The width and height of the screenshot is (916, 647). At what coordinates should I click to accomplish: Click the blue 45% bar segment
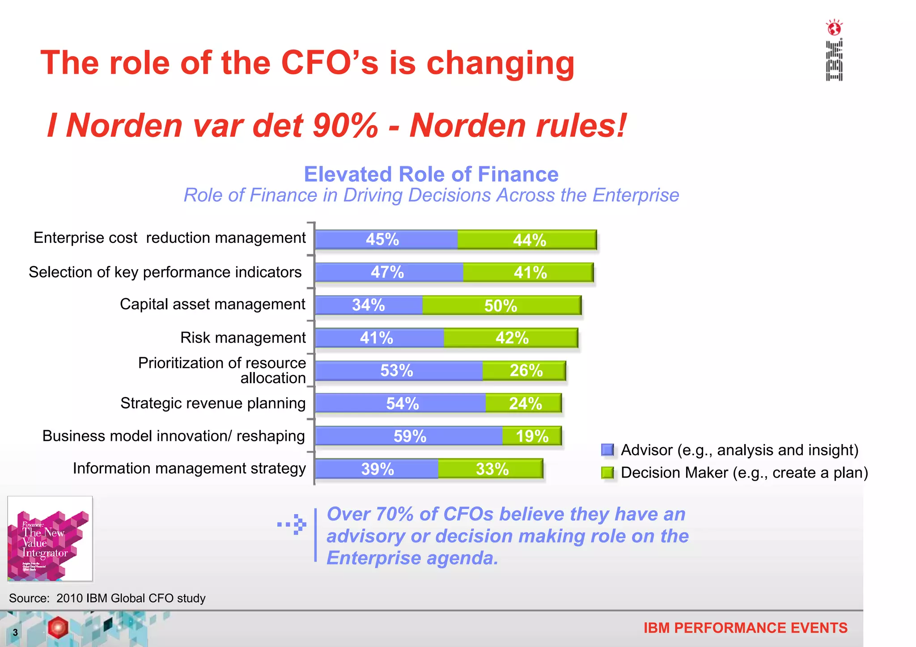[x=386, y=240]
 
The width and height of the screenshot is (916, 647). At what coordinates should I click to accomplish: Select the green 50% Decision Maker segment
[x=501, y=305]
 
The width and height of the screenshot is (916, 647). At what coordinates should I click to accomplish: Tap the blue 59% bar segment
[x=409, y=436]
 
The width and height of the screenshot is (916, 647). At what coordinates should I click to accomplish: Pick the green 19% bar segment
[x=532, y=436]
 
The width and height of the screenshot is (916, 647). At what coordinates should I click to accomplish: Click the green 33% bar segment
[x=491, y=469]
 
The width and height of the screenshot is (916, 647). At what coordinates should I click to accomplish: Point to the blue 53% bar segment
[x=399, y=371]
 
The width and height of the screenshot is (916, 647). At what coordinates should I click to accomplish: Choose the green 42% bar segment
[x=511, y=338]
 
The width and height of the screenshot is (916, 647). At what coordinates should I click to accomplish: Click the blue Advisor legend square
[x=607, y=450]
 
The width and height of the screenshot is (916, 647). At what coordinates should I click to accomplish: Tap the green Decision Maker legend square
[x=607, y=473]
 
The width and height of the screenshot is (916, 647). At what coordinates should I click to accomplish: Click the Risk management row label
[x=243, y=338]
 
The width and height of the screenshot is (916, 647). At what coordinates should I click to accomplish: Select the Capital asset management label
[x=212, y=304]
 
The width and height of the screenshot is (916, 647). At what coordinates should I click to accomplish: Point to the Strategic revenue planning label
[x=213, y=403]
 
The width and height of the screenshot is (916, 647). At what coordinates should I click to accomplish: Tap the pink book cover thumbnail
[x=50, y=538]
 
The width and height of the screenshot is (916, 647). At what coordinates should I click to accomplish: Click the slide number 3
[x=15, y=632]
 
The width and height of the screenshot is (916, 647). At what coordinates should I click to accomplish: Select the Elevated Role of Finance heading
[x=431, y=174]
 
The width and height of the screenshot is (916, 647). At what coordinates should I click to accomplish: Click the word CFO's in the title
[x=330, y=63]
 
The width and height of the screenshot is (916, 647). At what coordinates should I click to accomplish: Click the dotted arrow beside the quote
[x=293, y=524]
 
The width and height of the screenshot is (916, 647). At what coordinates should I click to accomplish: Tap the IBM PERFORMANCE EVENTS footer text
[x=745, y=628]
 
